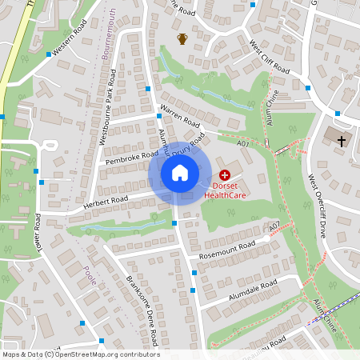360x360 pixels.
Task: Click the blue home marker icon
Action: coord(180,172)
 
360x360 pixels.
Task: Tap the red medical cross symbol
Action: coord(224,174)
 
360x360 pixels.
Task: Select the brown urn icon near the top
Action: coord(182,38)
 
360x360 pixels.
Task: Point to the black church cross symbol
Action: coord(342,142)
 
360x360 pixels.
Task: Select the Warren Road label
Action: coord(179,117)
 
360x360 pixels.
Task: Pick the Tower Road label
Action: coord(38,230)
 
